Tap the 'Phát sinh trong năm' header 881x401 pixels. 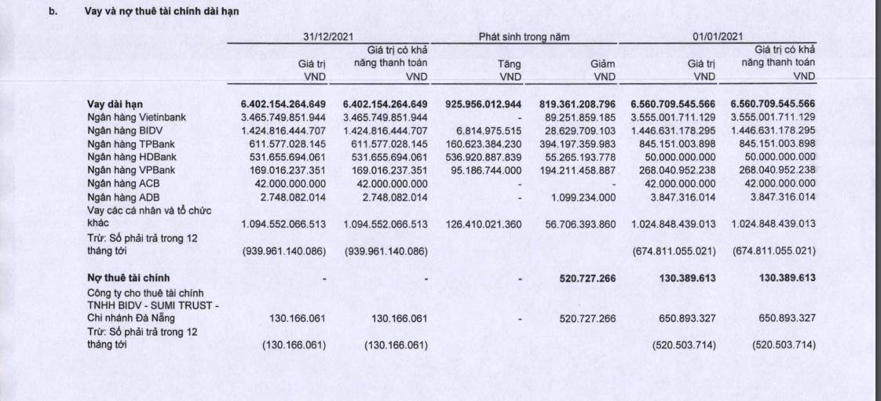524,37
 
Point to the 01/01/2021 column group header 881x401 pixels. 718,37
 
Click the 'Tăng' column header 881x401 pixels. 510,64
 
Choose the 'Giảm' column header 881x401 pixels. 602,64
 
